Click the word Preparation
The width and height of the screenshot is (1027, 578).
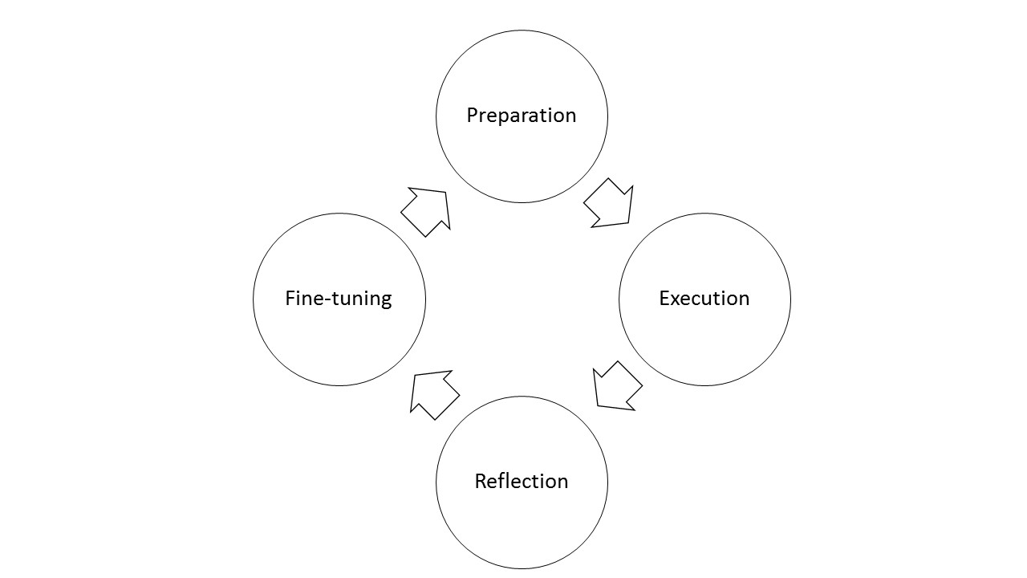[x=522, y=116]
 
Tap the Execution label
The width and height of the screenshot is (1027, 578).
[x=704, y=299]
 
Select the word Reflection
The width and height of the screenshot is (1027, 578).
[x=522, y=482]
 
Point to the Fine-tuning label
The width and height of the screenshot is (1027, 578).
[x=339, y=299]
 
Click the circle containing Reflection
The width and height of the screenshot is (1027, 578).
[x=522, y=530]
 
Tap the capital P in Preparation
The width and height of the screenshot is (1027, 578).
[x=472, y=116]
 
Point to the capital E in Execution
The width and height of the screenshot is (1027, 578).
[x=664, y=299]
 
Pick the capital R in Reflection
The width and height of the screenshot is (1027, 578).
[x=480, y=482]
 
